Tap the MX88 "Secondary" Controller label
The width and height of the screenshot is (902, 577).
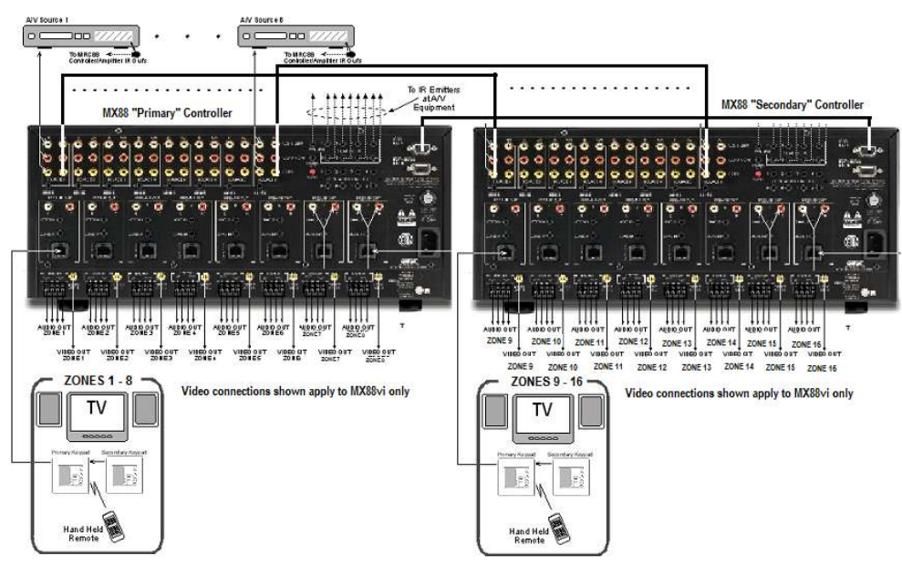[791, 104]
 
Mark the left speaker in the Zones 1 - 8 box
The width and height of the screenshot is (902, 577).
[49, 412]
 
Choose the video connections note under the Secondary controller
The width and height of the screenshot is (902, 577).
[740, 393]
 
